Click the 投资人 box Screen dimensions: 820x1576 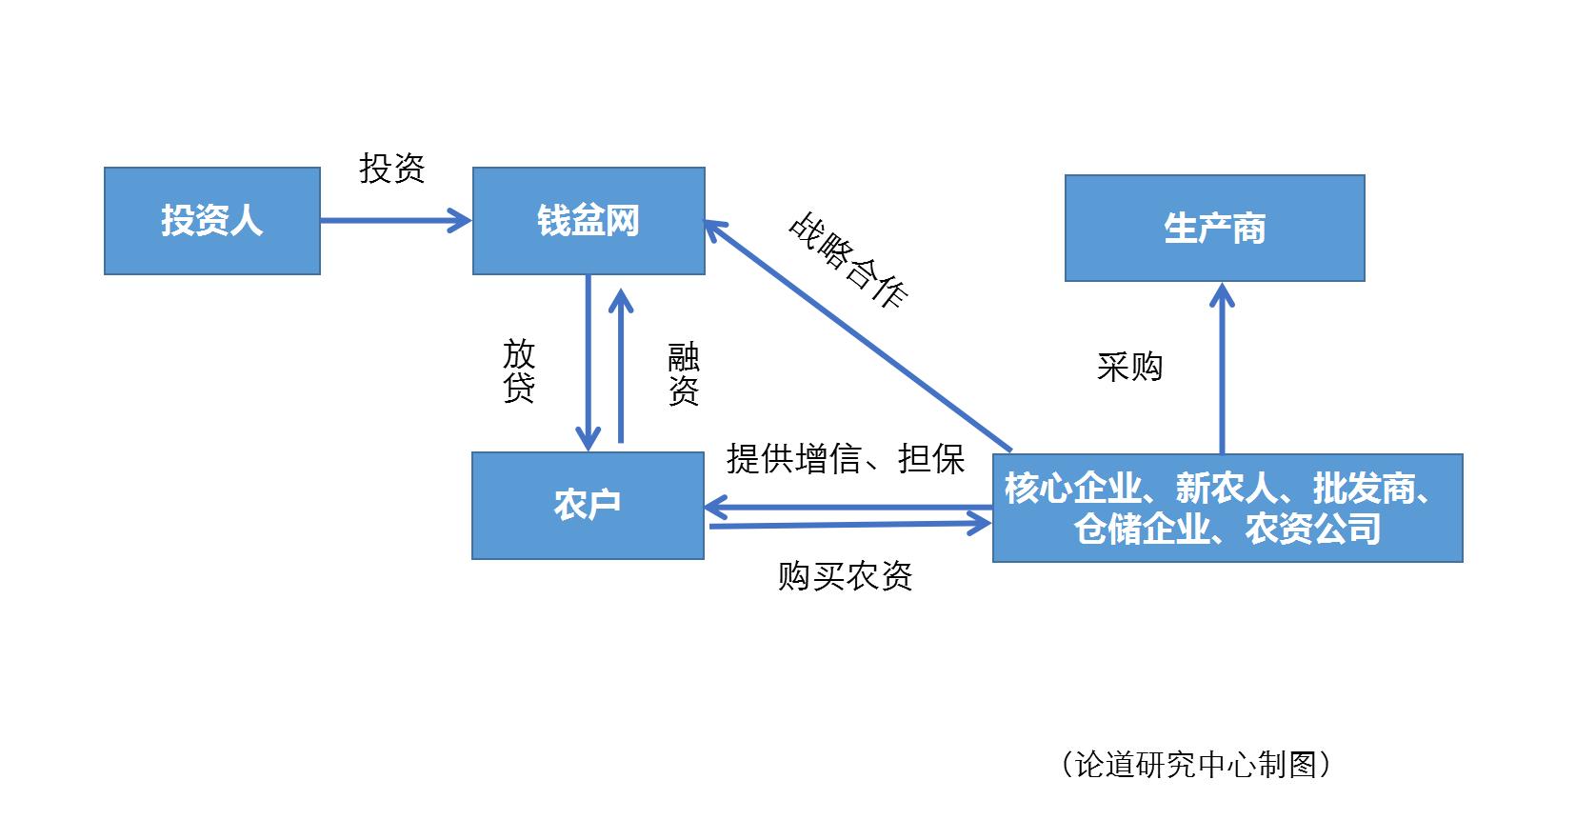coord(211,221)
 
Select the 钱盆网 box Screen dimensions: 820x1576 coord(589,221)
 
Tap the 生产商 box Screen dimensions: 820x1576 coord(1214,229)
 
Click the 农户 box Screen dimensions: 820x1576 coord(588,505)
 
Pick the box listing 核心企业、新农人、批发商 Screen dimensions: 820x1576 coord(1227,509)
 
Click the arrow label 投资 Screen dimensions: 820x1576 coord(391,169)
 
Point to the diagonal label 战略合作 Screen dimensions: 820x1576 coord(848,260)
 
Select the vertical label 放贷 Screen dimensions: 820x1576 coord(519,370)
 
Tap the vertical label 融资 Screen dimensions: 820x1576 coord(683,374)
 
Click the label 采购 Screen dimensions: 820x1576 coord(1129,367)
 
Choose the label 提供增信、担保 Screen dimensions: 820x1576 coord(845,459)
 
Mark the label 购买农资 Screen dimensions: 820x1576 coord(845,576)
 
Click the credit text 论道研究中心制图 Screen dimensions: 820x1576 coord(1195,764)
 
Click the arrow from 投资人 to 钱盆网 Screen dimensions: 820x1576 coord(395,221)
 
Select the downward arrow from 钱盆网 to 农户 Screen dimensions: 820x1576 coord(589,362)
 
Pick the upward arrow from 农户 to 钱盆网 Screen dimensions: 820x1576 coord(621,367)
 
